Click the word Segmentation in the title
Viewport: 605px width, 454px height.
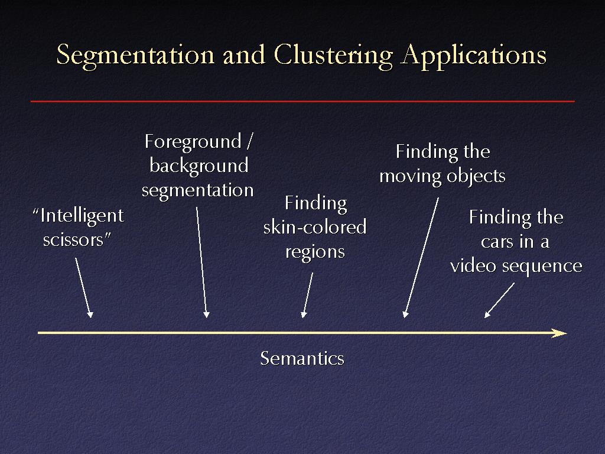coord(135,55)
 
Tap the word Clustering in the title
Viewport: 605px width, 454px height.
coord(333,55)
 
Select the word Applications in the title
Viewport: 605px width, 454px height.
coord(473,55)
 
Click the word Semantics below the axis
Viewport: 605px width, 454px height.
coord(302,358)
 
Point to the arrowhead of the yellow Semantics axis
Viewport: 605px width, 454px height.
coord(560,333)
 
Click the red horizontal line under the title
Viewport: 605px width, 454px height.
coord(302,101)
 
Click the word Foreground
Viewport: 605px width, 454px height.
coord(193,142)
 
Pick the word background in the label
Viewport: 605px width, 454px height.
coord(199,166)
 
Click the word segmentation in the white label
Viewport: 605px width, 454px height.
coord(197,190)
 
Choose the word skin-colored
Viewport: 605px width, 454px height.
coord(315,227)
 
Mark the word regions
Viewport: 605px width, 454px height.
coord(315,252)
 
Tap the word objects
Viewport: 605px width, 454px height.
coord(476,176)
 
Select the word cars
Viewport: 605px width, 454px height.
coord(497,242)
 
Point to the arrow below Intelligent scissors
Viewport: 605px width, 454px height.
coord(84,288)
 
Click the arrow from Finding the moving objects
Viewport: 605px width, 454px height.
coord(421,258)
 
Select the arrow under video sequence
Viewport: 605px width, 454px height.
coord(499,300)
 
